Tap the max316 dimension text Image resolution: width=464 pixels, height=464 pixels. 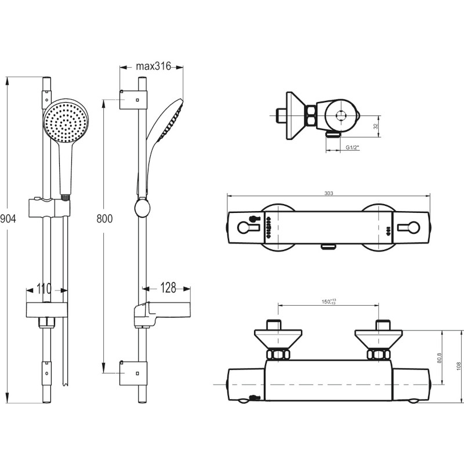pyautogui.click(x=152, y=66)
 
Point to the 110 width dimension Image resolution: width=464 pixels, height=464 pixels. pyautogui.click(x=44, y=288)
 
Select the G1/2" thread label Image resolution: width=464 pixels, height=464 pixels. pyautogui.click(x=352, y=148)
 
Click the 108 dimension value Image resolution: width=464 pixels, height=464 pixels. pyautogui.click(x=458, y=365)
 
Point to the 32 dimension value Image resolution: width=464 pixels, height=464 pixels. pyautogui.click(x=376, y=125)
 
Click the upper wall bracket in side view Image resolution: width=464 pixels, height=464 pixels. pyautogui.click(x=133, y=100)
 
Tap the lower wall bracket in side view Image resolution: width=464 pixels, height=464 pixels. pyautogui.click(x=133, y=371)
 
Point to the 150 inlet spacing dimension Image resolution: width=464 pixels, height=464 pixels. pyautogui.click(x=329, y=302)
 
